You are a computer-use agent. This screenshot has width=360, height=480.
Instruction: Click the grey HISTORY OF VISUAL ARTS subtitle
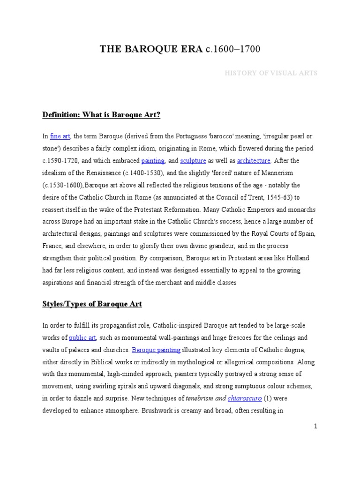(x=271, y=73)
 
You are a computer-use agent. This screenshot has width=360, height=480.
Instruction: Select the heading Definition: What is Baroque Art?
(x=101, y=115)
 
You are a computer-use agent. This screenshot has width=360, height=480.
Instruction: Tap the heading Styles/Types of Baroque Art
(x=92, y=304)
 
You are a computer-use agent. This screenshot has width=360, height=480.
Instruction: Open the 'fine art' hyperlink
(x=60, y=136)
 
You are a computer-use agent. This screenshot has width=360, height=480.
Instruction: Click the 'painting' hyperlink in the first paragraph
(x=153, y=161)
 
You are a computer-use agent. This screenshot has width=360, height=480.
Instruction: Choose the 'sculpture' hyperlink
(x=194, y=161)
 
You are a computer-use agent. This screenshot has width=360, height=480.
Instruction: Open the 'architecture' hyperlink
(x=254, y=161)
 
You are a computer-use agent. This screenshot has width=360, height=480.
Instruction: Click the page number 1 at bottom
(x=316, y=426)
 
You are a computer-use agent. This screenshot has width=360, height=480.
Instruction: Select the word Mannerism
(x=281, y=173)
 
